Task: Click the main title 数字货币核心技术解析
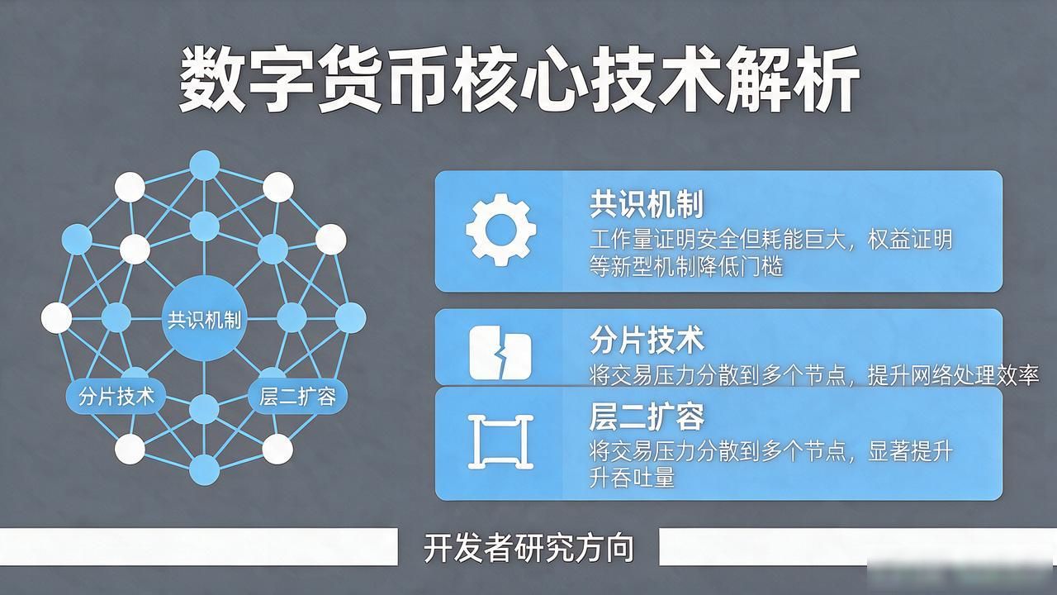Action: [x=519, y=79]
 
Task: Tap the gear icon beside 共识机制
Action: [x=500, y=230]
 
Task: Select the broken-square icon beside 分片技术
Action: [x=500, y=353]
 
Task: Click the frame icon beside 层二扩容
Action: [x=500, y=442]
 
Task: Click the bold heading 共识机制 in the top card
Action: [x=647, y=203]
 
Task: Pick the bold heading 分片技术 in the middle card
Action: [x=647, y=340]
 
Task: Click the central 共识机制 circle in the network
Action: [x=204, y=319]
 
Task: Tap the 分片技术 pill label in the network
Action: [x=116, y=396]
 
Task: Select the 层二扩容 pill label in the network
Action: [x=298, y=396]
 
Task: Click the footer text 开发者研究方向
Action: [x=528, y=548]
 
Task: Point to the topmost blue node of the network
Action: [x=204, y=165]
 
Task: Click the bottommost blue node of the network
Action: [x=204, y=470]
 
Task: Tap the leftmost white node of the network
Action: [x=57, y=318]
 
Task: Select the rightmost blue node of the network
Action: [x=351, y=318]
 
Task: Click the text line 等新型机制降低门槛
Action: [x=686, y=266]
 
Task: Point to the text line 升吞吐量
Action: [x=632, y=477]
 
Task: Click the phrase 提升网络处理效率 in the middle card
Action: [x=953, y=376]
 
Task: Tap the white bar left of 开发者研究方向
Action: [x=199, y=546]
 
